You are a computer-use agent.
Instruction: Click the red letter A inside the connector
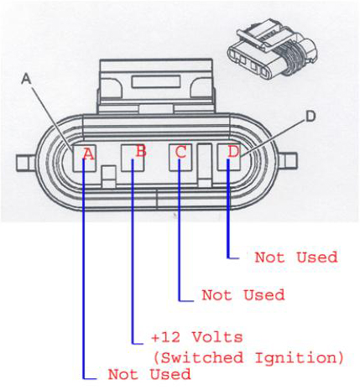tap(89, 154)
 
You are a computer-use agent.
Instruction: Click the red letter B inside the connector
tap(141, 151)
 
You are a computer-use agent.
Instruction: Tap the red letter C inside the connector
tap(181, 153)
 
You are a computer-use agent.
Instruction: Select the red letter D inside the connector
tap(233, 151)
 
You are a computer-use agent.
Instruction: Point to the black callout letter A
tap(27, 79)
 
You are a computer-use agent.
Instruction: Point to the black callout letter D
tap(310, 117)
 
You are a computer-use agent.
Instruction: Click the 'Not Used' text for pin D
tap(296, 257)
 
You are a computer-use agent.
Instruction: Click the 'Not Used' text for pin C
tap(243, 295)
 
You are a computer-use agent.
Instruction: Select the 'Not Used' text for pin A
tap(149, 374)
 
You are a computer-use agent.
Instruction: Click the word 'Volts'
tap(217, 337)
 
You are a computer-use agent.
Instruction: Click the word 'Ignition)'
tap(299, 358)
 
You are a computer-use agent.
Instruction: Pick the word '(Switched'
tap(198, 357)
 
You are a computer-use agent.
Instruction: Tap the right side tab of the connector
tap(287, 163)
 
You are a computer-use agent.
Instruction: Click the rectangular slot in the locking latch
tap(156, 82)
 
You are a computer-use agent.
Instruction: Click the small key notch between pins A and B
tap(108, 176)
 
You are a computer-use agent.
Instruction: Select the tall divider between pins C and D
tap(205, 164)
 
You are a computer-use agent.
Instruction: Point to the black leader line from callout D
tap(273, 138)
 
